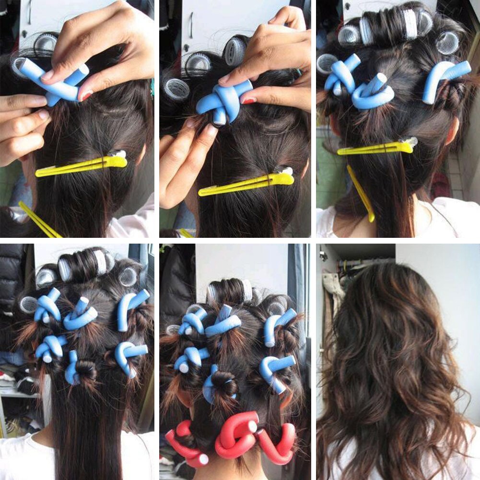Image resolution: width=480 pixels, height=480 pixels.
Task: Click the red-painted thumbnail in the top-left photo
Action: [85, 95]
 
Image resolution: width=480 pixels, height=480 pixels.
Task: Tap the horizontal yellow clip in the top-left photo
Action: [82, 165]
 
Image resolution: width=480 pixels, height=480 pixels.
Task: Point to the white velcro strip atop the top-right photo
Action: [410, 23]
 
